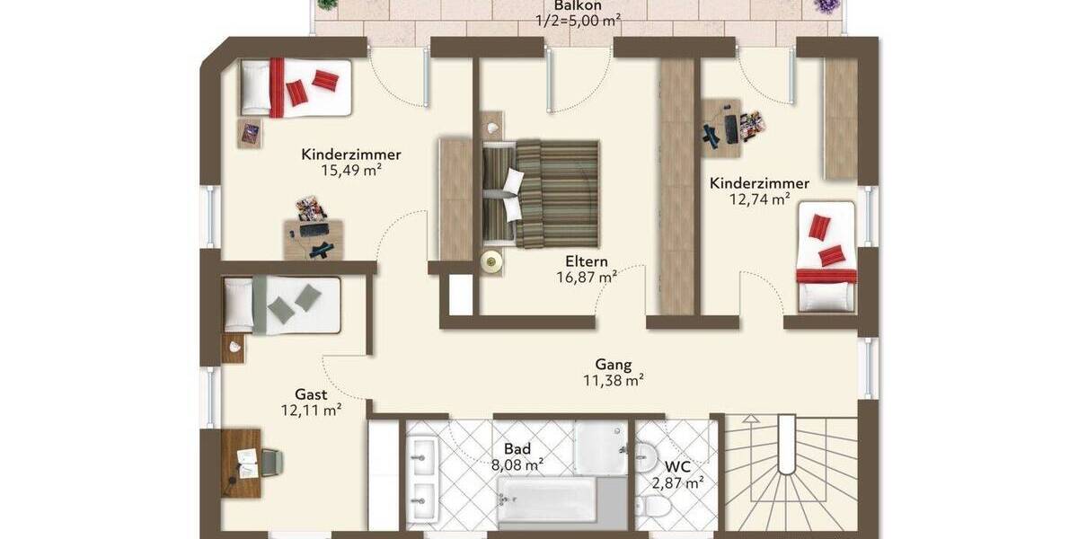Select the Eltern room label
(x=586, y=261)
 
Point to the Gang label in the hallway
(x=614, y=365)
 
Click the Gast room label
(x=311, y=393)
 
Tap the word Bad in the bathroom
(x=517, y=448)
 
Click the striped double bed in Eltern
(x=541, y=193)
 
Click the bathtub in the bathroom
(x=546, y=499)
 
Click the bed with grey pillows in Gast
(x=282, y=305)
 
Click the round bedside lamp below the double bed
(x=490, y=261)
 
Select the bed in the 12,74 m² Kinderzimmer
(x=826, y=256)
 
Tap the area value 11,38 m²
(x=614, y=381)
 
